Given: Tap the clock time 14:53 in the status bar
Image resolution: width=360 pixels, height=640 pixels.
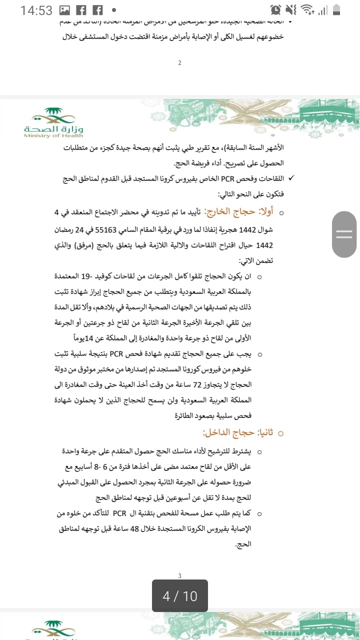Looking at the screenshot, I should click(x=36, y=10).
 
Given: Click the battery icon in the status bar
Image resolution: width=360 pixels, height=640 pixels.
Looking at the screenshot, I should click(x=336, y=10).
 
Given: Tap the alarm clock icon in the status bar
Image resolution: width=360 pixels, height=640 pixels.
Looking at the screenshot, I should click(x=275, y=10).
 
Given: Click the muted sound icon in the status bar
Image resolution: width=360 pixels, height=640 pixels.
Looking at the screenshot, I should click(x=291, y=10).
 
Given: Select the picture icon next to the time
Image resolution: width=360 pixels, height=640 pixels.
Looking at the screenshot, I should click(x=64, y=10).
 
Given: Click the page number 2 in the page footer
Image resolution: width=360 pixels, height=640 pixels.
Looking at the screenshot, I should click(x=179, y=62).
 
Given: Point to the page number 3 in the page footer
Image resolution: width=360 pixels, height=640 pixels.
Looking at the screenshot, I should click(x=179, y=576).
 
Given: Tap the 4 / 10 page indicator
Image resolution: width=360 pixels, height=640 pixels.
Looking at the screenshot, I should click(x=180, y=596).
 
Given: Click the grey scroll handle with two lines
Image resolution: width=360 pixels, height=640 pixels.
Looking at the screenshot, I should click(x=344, y=234).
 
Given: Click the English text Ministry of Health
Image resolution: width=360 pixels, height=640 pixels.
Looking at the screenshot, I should click(x=53, y=135).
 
